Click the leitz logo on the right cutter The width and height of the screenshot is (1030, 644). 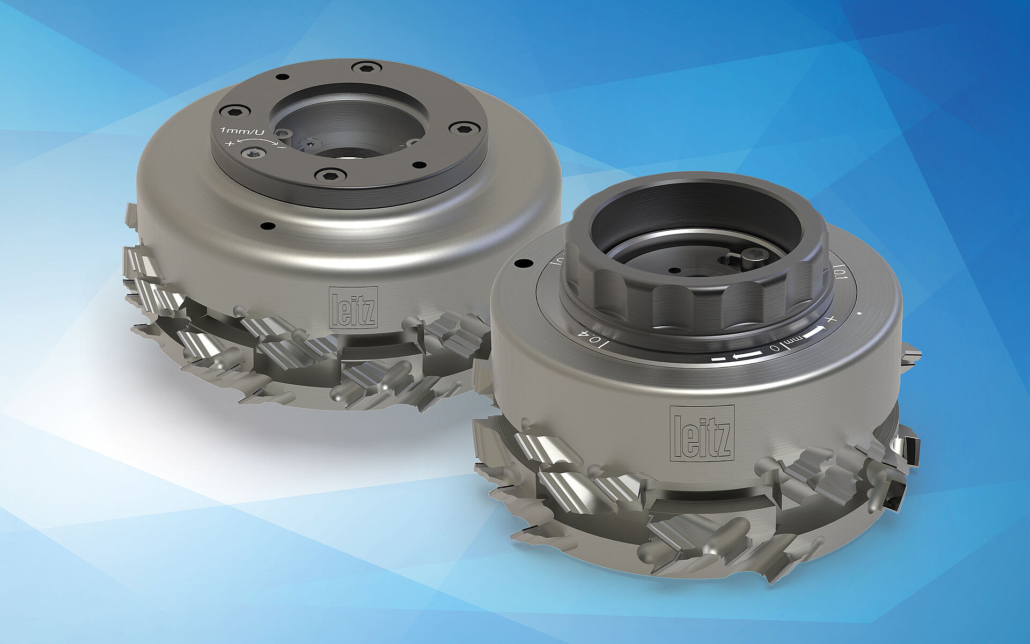click(702, 433)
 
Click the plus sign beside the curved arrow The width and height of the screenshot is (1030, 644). click(230, 143)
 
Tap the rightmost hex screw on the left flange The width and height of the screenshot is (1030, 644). click(460, 127)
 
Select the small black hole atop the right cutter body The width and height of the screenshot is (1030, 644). click(520, 264)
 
